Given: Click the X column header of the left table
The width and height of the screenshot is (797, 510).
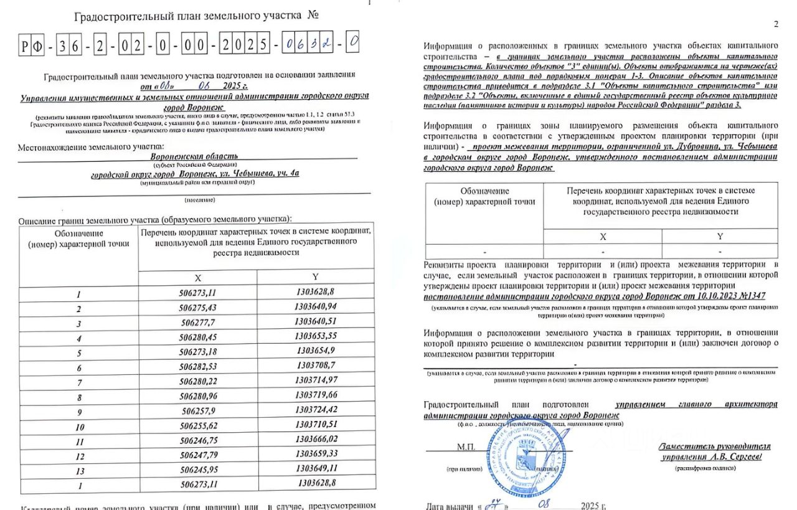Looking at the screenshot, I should click(x=197, y=278).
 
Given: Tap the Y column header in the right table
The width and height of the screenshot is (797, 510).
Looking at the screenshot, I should click(x=720, y=237).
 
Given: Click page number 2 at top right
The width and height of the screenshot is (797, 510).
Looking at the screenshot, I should click(x=776, y=24).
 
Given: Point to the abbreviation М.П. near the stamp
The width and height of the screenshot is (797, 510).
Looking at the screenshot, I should click(x=466, y=446).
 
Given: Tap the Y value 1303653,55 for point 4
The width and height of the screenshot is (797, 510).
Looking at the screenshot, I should click(x=316, y=336).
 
